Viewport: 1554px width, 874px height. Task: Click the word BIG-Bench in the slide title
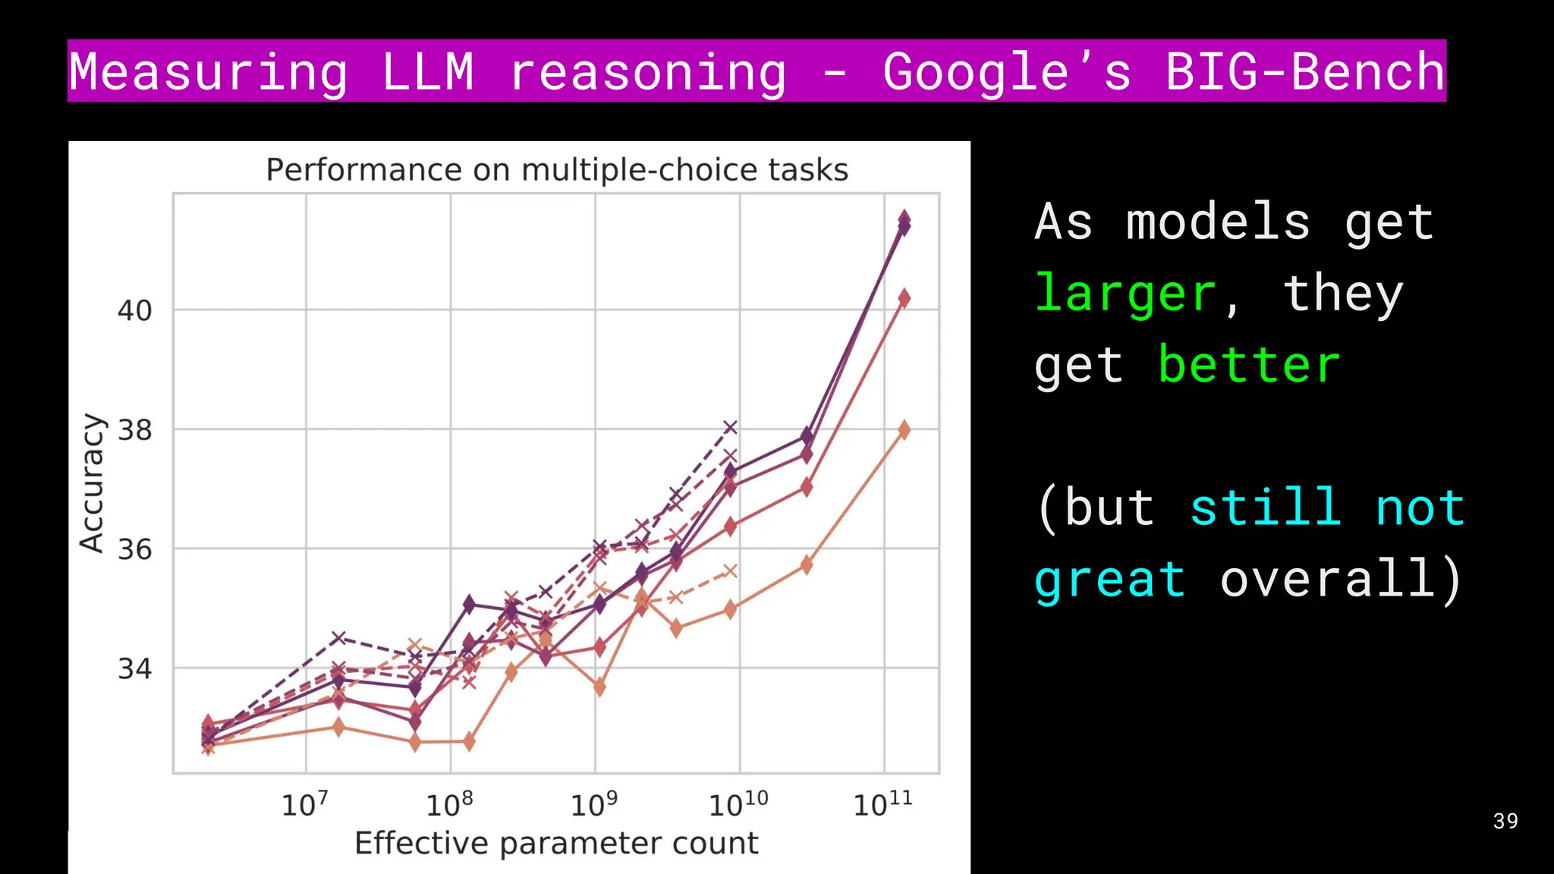tap(1304, 71)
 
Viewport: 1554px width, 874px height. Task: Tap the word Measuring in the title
tap(209, 71)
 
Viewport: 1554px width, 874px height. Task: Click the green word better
tap(1249, 365)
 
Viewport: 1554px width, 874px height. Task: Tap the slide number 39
tap(1505, 821)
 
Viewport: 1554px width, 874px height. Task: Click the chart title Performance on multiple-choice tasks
tap(557, 170)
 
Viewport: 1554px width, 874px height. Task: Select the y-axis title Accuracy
tap(92, 483)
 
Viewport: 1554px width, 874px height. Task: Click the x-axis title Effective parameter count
tap(556, 843)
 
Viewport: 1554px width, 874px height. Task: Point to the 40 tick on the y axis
tap(135, 310)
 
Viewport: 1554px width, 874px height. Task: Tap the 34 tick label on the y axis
tap(135, 669)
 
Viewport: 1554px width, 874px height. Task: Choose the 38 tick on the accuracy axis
tap(135, 430)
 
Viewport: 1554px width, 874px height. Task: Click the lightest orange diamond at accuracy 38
tap(904, 430)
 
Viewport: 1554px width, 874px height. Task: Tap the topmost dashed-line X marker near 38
tap(730, 428)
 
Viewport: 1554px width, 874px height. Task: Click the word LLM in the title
tap(428, 71)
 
